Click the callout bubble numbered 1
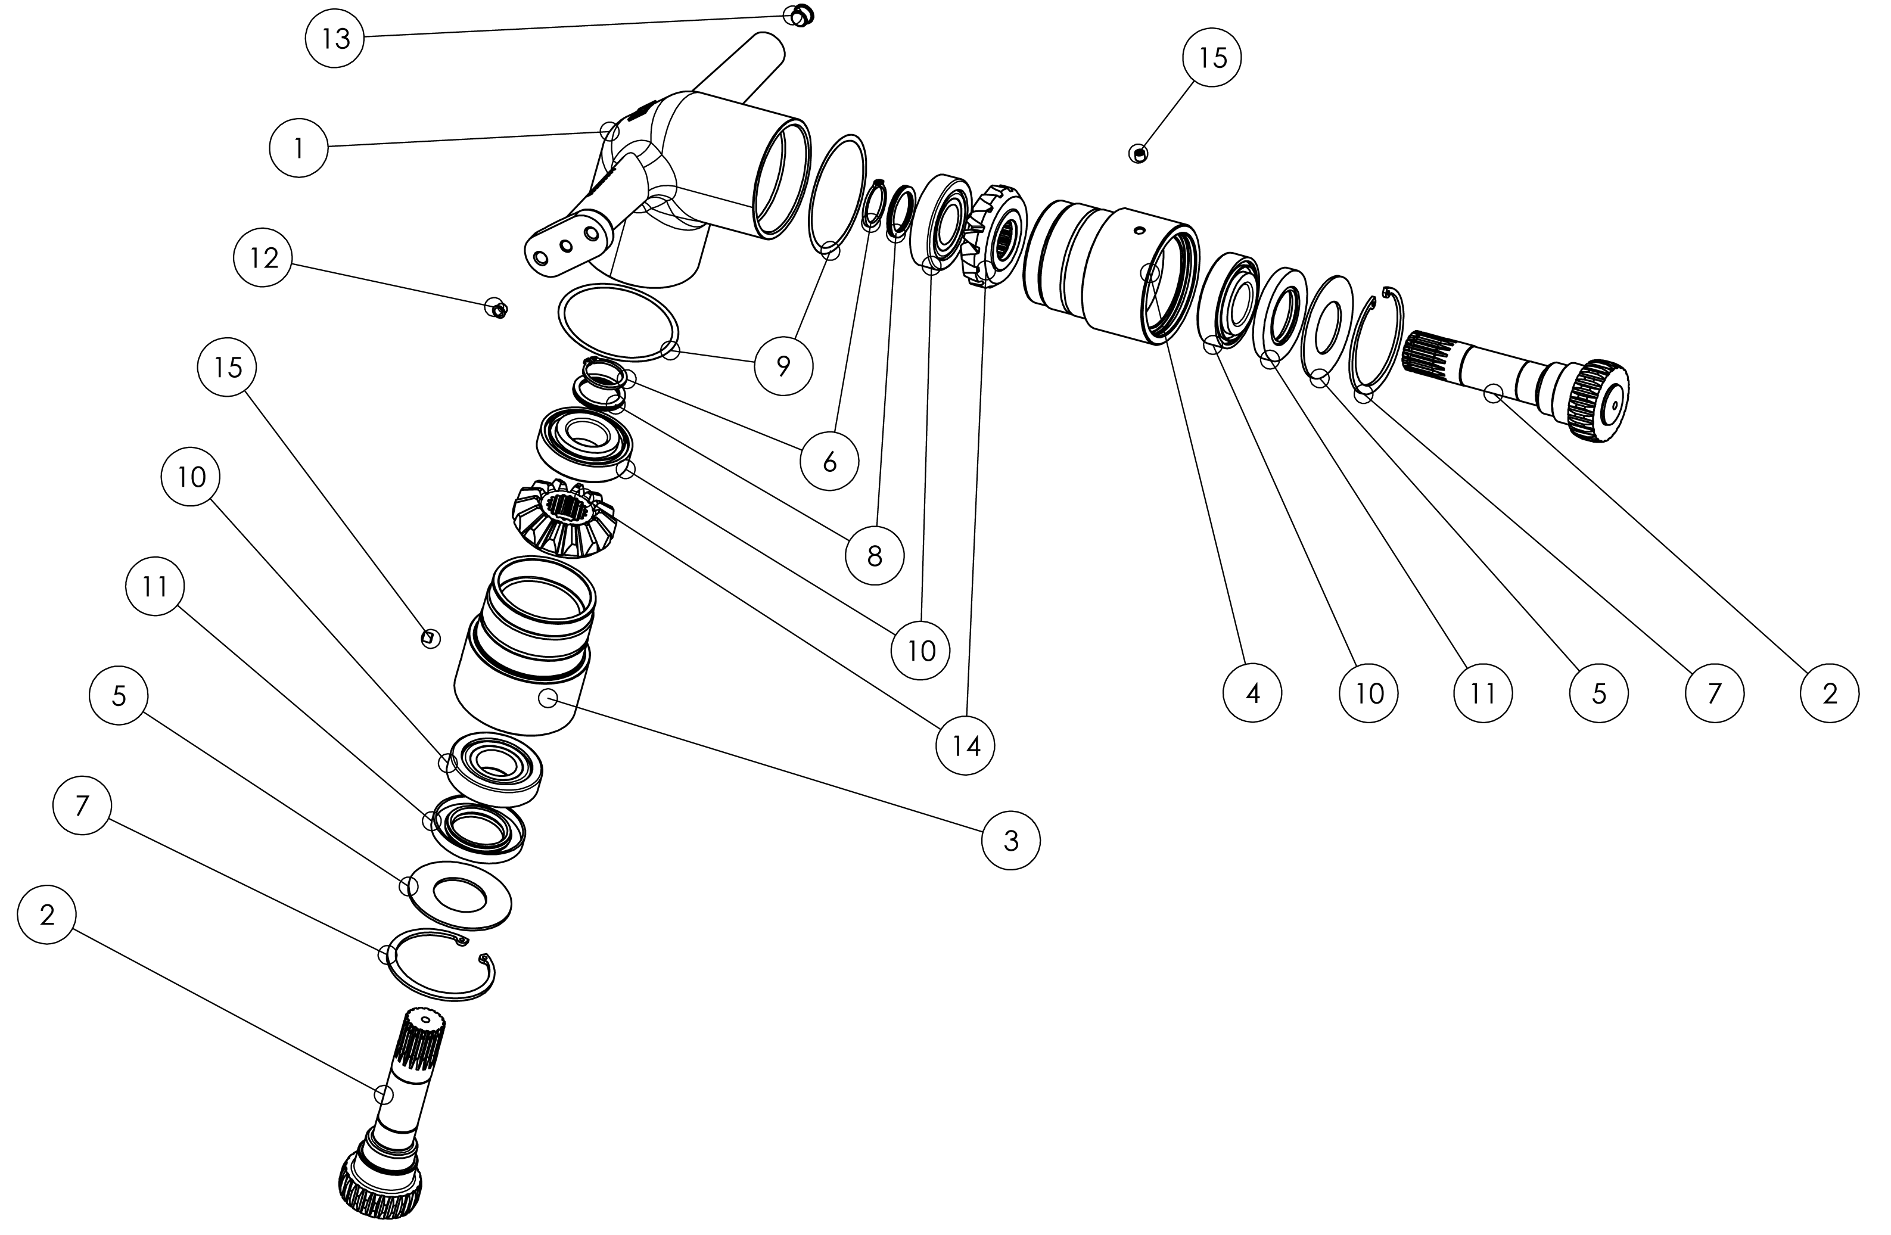pos(298,148)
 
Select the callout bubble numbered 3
pos(1010,841)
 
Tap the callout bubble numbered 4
pos(1253,693)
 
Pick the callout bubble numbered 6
pos(829,462)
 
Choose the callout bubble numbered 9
pos(783,366)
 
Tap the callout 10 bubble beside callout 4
pos(1368,693)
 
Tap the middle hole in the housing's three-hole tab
pos(566,245)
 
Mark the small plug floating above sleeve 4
pos(1139,153)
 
